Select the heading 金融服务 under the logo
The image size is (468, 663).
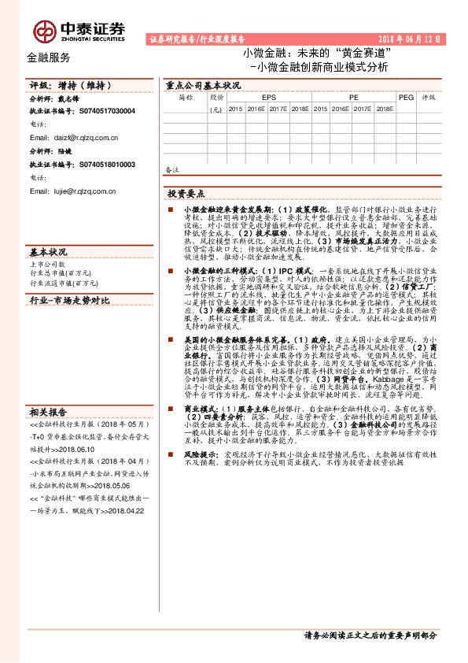(48, 57)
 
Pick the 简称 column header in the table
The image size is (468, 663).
(185, 98)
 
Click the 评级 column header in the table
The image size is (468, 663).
(428, 98)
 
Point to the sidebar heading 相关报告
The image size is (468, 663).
(48, 412)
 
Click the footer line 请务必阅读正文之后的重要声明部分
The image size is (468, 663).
(370, 635)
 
